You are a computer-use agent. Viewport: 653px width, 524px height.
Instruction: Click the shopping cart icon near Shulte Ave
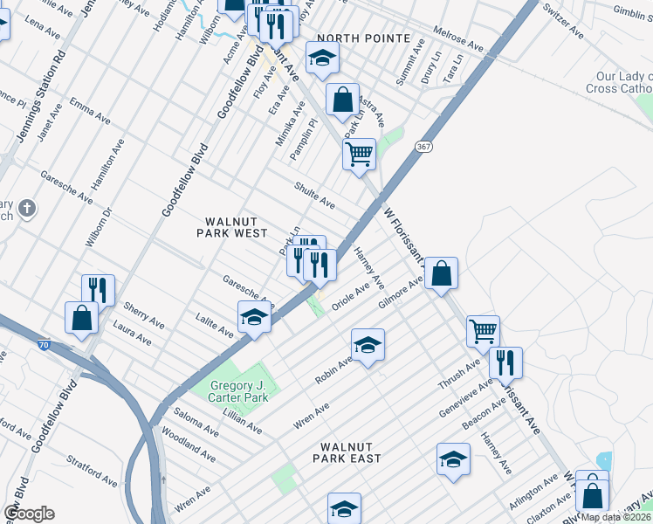[360, 155]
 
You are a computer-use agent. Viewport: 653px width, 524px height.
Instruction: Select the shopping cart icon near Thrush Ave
[483, 332]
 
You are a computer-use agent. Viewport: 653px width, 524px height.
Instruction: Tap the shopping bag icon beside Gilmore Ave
[443, 273]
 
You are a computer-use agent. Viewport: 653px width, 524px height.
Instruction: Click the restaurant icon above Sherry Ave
[99, 291]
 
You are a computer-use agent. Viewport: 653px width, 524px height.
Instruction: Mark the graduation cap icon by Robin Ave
[368, 345]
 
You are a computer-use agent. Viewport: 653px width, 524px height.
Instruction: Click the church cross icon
[27, 209]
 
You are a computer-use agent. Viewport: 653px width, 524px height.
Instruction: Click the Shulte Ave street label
[314, 195]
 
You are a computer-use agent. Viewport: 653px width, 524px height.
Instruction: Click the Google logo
[29, 513]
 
